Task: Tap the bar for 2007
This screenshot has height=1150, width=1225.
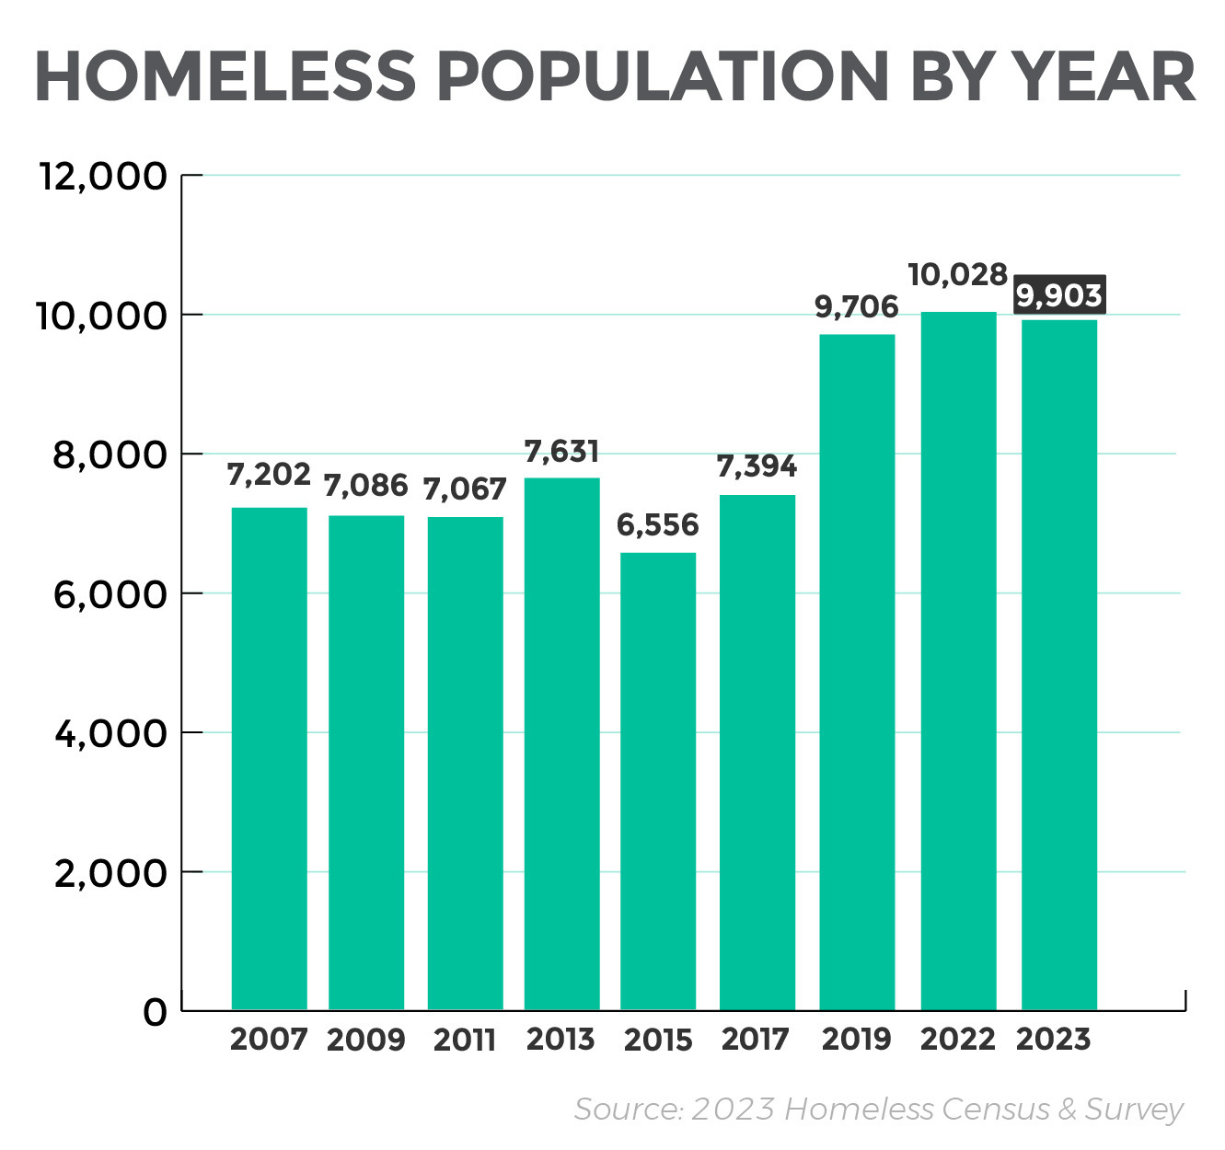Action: click(x=269, y=758)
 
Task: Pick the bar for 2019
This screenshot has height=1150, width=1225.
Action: click(x=857, y=672)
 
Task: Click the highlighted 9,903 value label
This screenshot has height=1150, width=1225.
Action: click(x=1059, y=295)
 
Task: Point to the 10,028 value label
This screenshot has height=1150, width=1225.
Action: click(x=958, y=274)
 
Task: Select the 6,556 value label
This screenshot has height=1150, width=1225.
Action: click(x=658, y=524)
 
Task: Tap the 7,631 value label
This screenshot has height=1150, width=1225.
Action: click(x=561, y=451)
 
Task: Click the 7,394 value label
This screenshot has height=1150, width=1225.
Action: click(x=757, y=466)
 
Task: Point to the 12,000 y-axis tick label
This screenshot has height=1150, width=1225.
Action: click(x=103, y=176)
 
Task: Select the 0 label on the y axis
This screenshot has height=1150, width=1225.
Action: click(x=156, y=1012)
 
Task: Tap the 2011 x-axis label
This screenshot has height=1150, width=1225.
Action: click(x=465, y=1040)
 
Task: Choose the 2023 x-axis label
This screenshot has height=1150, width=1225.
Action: click(x=1054, y=1040)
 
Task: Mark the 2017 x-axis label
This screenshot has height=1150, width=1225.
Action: click(x=756, y=1040)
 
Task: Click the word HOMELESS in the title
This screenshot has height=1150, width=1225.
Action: click(x=225, y=76)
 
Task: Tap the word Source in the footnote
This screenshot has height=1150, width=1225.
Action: click(x=629, y=1110)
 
